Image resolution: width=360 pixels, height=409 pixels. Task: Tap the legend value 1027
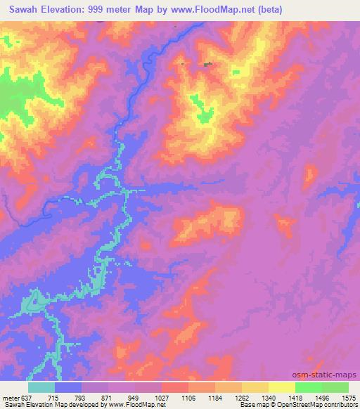(x=161, y=397)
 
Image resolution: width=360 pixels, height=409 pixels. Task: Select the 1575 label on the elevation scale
(x=349, y=397)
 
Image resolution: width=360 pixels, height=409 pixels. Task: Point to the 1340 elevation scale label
(x=269, y=397)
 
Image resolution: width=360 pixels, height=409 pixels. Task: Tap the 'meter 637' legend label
(x=18, y=397)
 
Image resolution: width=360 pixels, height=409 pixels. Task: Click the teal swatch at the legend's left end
(x=41, y=387)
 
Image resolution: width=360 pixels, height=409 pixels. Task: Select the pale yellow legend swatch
(x=282, y=387)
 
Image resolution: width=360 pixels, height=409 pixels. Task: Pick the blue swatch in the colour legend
(x=68, y=387)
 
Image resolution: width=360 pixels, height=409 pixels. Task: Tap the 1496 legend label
(x=322, y=397)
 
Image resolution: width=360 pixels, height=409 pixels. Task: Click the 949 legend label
(x=134, y=397)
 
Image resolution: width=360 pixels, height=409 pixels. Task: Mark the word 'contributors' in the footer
(x=344, y=405)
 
